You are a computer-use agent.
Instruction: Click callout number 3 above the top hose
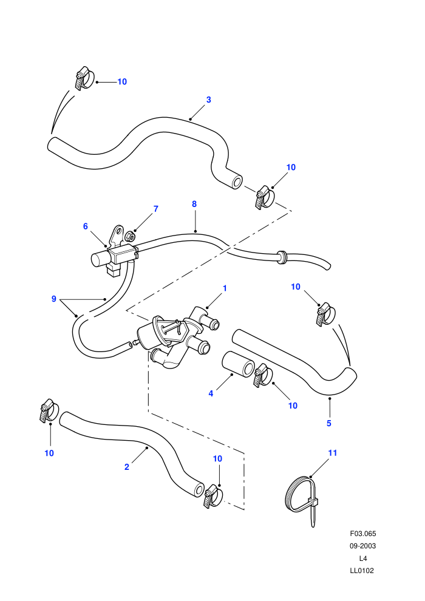point(208,100)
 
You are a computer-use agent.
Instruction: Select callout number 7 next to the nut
point(156,209)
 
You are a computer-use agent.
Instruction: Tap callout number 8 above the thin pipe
point(194,204)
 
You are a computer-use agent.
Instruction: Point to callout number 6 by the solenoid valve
point(86,226)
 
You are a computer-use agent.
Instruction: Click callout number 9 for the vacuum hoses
point(53,299)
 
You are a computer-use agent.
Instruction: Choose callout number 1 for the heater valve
point(225,288)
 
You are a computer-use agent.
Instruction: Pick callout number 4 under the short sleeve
point(211,393)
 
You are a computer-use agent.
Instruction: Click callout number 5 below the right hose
point(329,423)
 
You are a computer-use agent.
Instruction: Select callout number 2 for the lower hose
point(127,467)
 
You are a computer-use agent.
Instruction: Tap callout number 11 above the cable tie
point(333,453)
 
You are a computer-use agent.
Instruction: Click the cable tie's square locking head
point(313,501)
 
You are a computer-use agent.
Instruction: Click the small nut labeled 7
point(131,237)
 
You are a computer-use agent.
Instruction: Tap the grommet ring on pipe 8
point(282,257)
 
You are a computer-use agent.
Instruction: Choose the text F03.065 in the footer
point(363,534)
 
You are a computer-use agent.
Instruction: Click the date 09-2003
point(363,546)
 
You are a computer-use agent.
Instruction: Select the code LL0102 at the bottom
point(362,570)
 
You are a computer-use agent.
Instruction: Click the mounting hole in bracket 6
point(118,231)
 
